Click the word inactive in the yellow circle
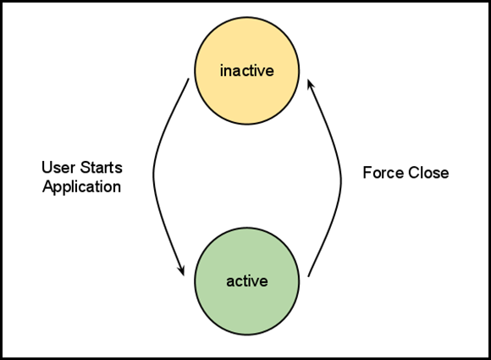[246, 70]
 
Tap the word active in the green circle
[247, 281]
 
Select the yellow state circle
[246, 71]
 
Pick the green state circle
[246, 281]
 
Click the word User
[58, 168]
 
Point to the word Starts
[101, 168]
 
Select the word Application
[82, 187]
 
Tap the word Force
[383, 173]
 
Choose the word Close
[428, 173]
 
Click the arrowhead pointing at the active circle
[181, 270]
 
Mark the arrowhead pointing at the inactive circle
[311, 85]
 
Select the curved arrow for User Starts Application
[153, 175]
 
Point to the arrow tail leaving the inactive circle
[189, 79]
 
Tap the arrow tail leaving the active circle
[308, 276]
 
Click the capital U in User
[47, 168]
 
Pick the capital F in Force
[367, 173]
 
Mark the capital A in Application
[48, 186]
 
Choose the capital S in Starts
[86, 168]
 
